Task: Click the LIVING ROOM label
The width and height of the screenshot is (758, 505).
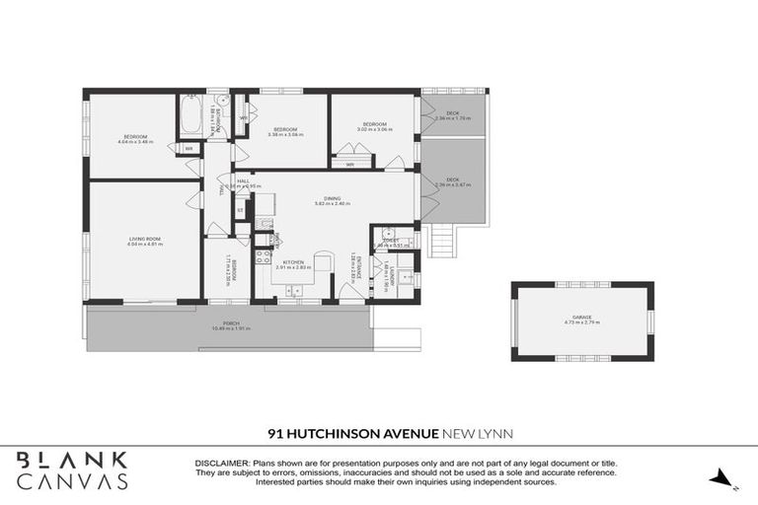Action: click(144, 239)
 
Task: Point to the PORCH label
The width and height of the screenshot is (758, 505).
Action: click(231, 324)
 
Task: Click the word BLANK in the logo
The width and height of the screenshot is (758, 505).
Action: click(72, 461)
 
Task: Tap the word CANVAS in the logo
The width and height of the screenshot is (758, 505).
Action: click(72, 482)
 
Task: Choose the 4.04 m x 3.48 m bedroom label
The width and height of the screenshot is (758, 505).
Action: click(135, 138)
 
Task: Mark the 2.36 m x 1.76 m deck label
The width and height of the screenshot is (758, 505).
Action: click(453, 115)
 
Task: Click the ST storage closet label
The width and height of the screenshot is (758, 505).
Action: click(240, 209)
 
